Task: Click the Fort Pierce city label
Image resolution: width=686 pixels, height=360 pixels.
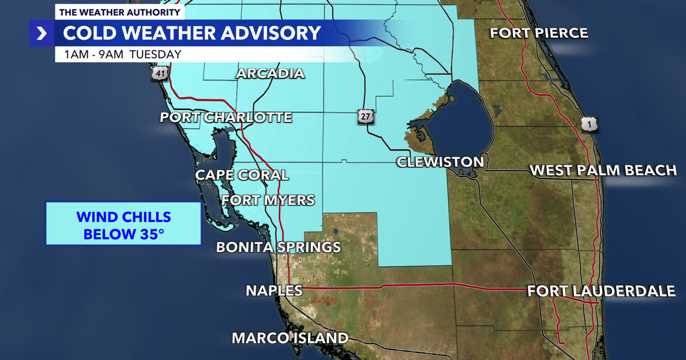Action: click(x=539, y=33)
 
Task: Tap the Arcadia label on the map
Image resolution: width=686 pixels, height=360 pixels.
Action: click(x=270, y=73)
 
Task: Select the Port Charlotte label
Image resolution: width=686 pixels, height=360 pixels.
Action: click(x=226, y=118)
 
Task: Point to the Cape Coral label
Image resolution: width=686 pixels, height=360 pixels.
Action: click(x=242, y=175)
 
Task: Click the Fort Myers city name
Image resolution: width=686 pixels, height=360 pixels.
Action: click(x=268, y=200)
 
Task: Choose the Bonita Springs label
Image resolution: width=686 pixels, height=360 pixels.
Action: click(x=278, y=247)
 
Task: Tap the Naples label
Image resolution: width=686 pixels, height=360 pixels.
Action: click(x=274, y=290)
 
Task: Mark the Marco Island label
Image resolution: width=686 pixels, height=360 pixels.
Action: click(x=290, y=338)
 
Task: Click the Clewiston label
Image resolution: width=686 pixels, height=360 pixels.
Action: click(x=440, y=162)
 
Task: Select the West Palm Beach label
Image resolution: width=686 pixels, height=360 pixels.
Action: click(x=603, y=170)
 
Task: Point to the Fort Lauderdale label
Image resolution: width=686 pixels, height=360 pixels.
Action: click(x=601, y=291)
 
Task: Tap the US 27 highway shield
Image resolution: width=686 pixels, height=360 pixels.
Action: click(x=366, y=117)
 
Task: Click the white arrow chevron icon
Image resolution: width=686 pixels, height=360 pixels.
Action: click(x=42, y=33)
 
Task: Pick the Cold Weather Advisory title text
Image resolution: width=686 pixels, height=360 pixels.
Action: click(x=192, y=33)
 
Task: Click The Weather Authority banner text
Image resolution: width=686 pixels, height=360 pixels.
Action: click(x=119, y=12)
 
